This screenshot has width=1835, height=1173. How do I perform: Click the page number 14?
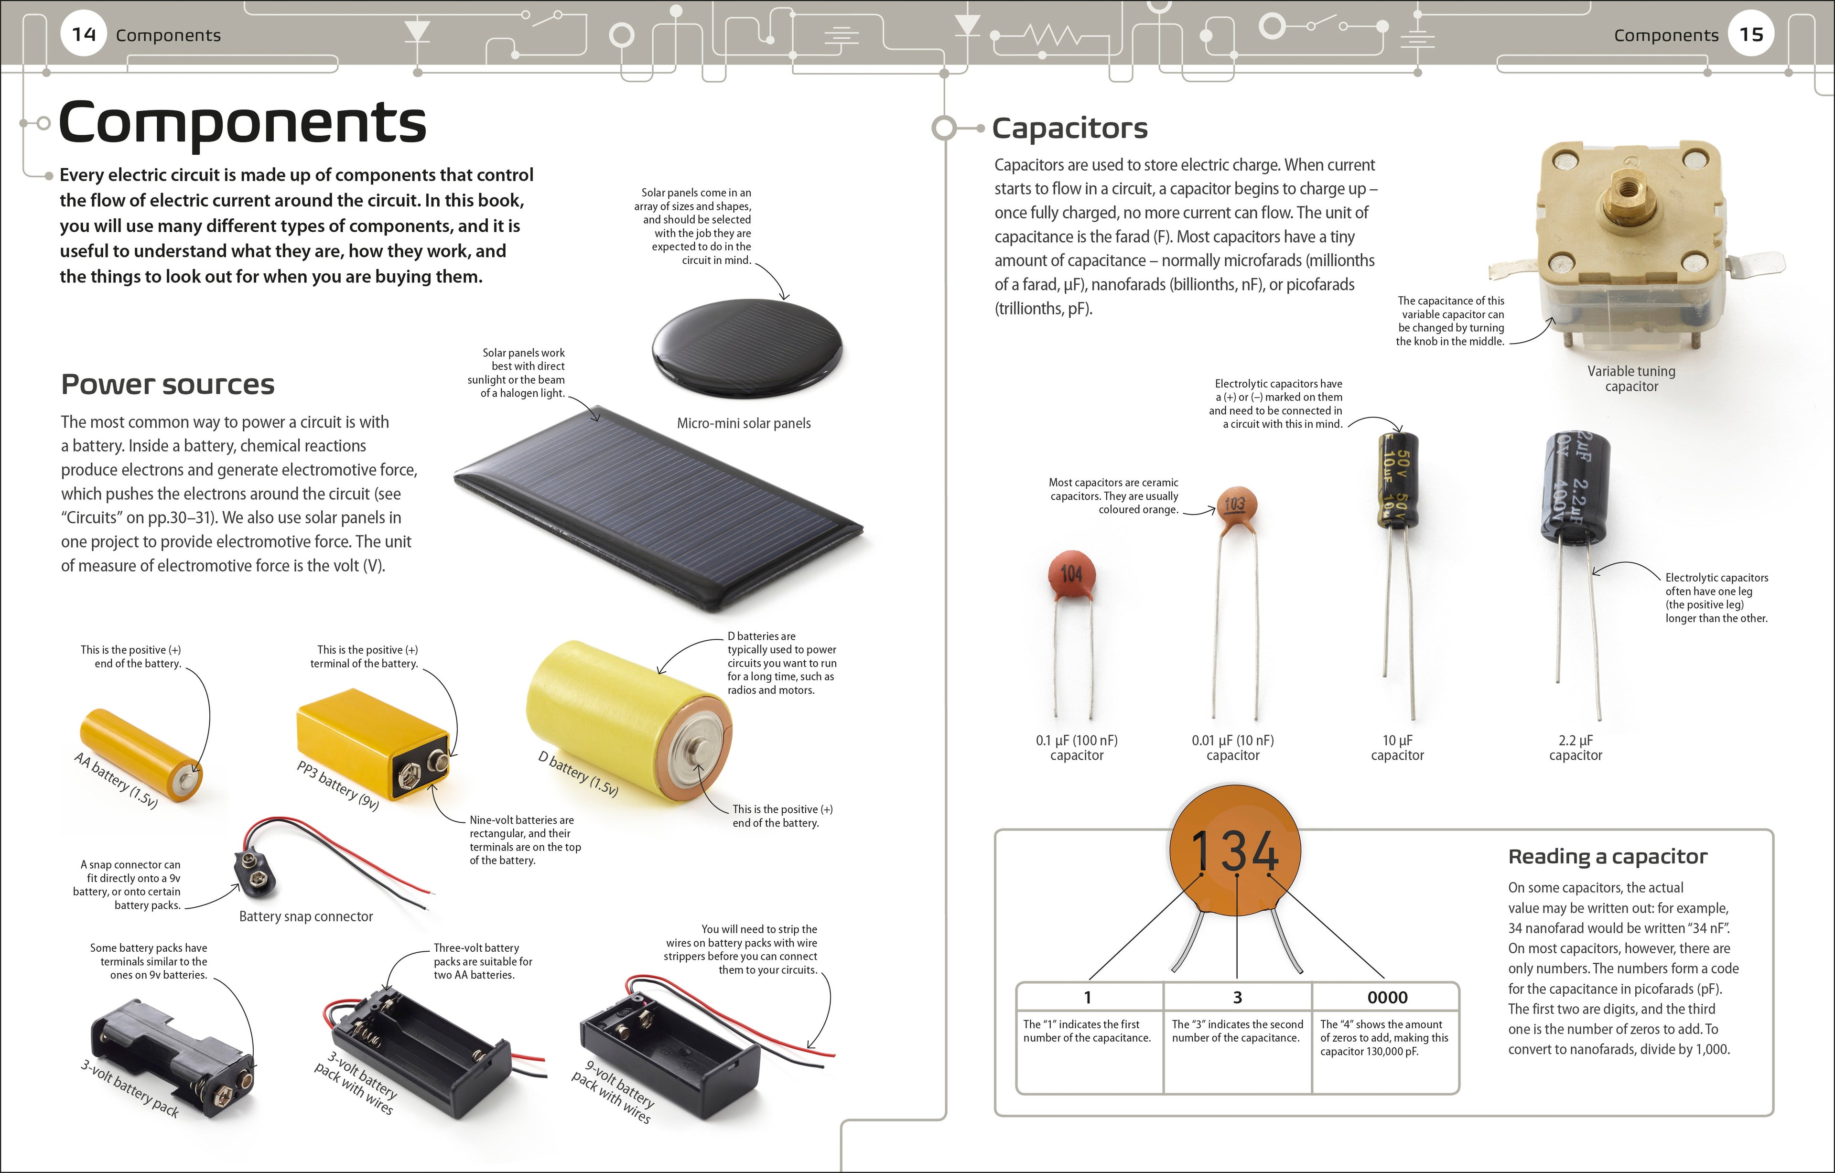pos(84,34)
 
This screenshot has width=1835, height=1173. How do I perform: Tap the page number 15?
pos(1751,34)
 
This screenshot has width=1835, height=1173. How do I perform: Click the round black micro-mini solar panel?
pos(747,347)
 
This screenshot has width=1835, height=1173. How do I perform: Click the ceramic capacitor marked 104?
pos(1071,573)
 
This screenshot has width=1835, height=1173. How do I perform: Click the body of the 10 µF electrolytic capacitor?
pos(1398,480)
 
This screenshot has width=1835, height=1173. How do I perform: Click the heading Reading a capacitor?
pos(1608,857)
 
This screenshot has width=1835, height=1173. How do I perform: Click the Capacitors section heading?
pos(1070,128)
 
